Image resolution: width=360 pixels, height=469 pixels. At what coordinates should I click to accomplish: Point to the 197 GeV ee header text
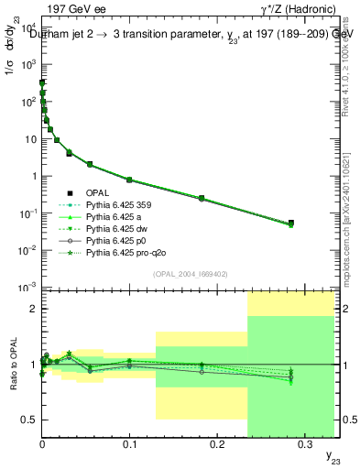pos(75,7)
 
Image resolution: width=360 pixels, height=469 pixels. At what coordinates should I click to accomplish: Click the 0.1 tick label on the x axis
pos(129,442)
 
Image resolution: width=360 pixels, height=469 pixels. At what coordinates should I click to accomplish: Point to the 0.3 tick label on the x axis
pos(305,442)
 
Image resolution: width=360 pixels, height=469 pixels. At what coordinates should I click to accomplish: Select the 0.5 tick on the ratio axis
pos(30,420)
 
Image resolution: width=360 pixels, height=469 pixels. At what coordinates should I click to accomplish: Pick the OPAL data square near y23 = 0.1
pos(129,180)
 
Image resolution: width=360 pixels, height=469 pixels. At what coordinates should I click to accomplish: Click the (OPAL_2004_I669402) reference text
pos(188,273)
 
